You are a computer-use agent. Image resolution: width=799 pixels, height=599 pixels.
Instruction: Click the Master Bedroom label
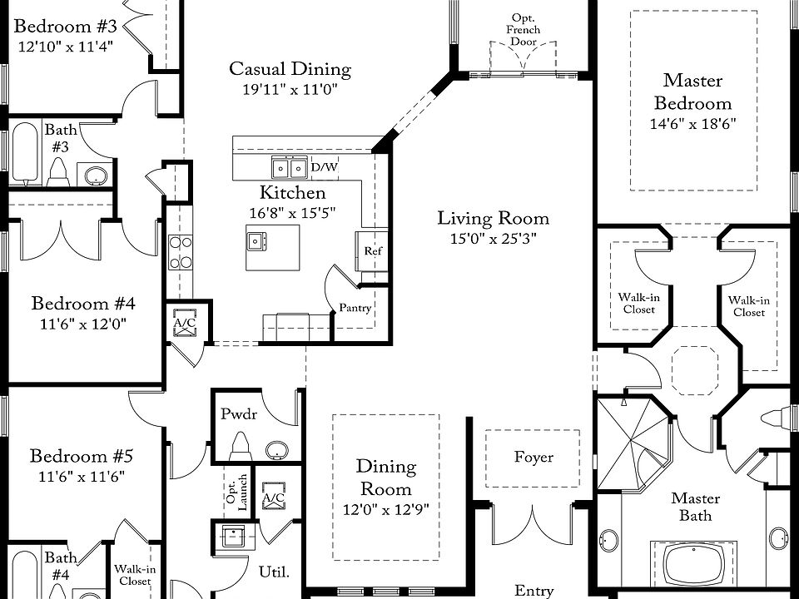tap(692, 92)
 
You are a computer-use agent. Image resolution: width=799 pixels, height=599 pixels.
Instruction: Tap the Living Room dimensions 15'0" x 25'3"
tap(494, 239)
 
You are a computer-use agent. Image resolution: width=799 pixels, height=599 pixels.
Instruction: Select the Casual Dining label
tap(290, 69)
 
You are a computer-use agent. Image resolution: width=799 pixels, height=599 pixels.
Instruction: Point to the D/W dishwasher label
tap(324, 167)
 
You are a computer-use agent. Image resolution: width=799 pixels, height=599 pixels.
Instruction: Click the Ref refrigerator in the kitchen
tap(371, 251)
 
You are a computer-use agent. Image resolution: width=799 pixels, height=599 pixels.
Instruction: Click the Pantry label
tap(355, 308)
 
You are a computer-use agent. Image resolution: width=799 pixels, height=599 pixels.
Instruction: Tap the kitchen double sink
tap(289, 167)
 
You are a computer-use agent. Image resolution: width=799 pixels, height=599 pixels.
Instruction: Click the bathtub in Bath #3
tap(24, 153)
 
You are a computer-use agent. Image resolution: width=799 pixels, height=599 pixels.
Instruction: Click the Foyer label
tap(533, 457)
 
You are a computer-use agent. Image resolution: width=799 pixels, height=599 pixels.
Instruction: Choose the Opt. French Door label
tap(524, 30)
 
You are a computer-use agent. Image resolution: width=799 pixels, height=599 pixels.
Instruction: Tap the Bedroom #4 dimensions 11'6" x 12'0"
tap(83, 324)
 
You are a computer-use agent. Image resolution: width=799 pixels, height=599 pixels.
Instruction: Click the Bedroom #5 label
tap(81, 455)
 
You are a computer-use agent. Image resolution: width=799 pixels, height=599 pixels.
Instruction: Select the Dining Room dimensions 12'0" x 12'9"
tap(385, 509)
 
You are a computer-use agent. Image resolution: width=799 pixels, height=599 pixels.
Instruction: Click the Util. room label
tap(274, 572)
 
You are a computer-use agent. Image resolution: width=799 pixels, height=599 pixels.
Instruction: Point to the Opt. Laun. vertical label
tap(237, 493)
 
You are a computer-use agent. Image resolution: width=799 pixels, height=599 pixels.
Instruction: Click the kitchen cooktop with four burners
tap(181, 252)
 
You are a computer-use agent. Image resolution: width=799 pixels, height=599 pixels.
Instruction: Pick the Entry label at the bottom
tap(533, 591)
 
